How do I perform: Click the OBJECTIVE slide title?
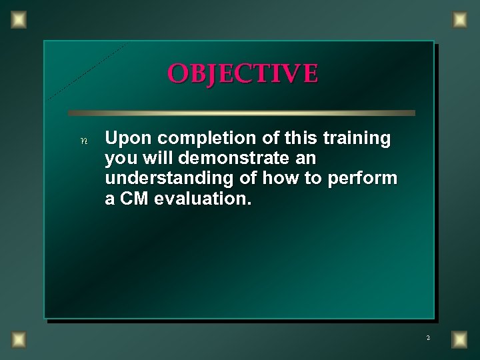click(243, 73)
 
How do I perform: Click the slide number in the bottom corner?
click(428, 338)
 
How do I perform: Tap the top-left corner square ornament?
click(19, 20)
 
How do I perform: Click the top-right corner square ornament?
click(459, 20)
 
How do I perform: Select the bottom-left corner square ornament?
click(19, 340)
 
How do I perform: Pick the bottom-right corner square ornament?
click(459, 340)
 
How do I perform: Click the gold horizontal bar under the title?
click(241, 113)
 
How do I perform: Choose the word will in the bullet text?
click(154, 159)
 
